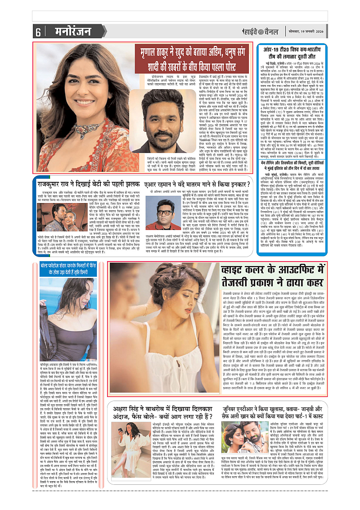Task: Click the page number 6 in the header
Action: [38, 32]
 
